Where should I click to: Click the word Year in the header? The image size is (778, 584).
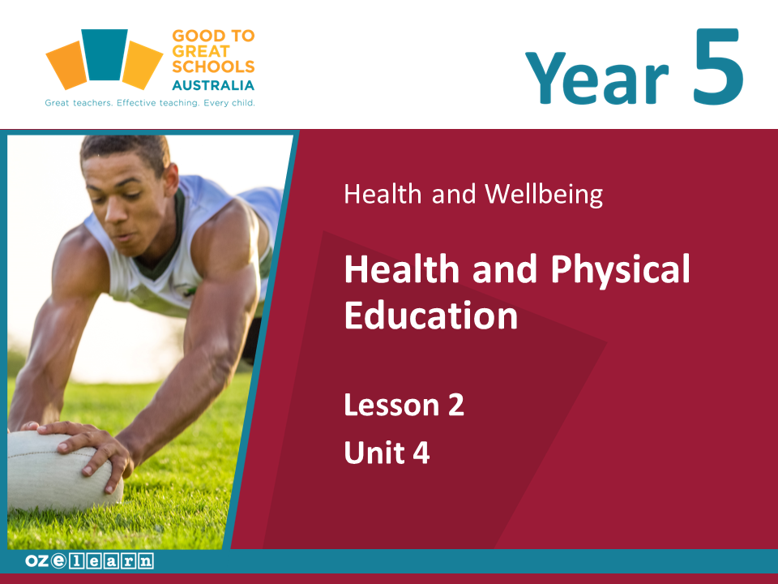(x=597, y=78)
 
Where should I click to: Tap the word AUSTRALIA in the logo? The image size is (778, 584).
(x=213, y=85)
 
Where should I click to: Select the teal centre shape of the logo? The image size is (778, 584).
(x=105, y=54)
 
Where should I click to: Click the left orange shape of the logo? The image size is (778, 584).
(x=66, y=65)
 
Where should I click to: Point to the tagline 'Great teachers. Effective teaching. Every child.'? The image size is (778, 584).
(x=150, y=103)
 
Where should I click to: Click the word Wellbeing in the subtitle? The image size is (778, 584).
(x=544, y=194)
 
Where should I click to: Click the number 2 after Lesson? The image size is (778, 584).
(x=456, y=405)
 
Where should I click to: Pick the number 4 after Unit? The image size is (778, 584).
(x=421, y=453)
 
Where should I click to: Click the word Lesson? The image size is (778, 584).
(x=392, y=405)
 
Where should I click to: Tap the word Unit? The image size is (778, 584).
(x=374, y=453)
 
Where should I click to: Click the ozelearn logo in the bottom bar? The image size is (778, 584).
(x=89, y=561)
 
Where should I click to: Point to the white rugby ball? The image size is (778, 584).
(x=62, y=470)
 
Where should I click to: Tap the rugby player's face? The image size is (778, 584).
(x=124, y=204)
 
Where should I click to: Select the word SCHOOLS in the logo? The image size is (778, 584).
(x=213, y=67)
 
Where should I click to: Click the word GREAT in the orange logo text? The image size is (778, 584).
(x=201, y=51)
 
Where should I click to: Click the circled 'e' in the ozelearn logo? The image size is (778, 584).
(x=58, y=560)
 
